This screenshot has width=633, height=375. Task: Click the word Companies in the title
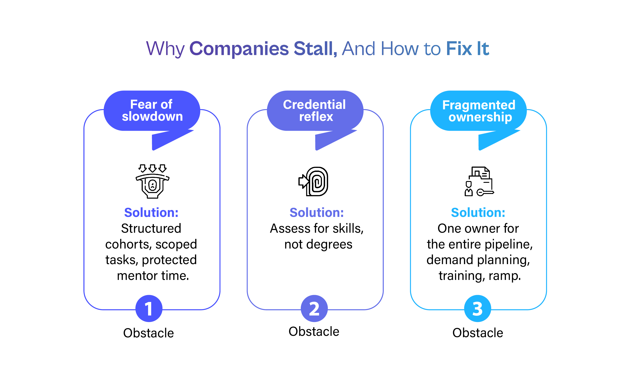(x=239, y=49)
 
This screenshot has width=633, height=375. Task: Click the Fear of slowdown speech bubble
(x=152, y=111)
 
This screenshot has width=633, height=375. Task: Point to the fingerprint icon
(x=314, y=181)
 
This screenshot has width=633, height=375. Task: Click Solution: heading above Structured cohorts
(x=151, y=212)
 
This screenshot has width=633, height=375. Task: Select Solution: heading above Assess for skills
(x=316, y=212)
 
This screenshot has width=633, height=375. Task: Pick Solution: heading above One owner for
(x=478, y=212)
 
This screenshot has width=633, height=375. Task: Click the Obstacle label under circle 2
(x=314, y=331)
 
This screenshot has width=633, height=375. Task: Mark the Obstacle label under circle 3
(x=478, y=332)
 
